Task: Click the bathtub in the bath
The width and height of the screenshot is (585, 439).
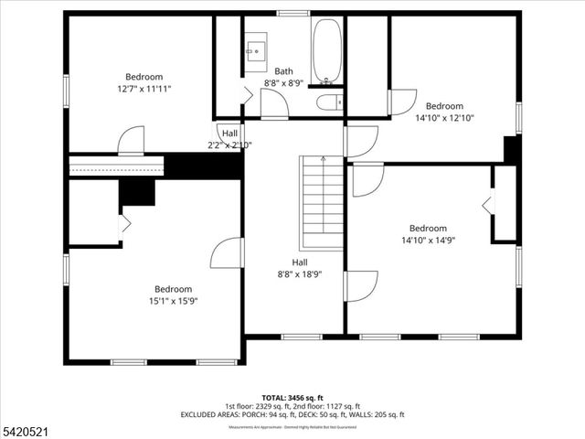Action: pos(326,50)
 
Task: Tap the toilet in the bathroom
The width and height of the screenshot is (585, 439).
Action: pos(328,102)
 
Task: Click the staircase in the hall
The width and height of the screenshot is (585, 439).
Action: pos(322,202)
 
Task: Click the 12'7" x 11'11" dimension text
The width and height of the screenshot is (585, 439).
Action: pos(144,89)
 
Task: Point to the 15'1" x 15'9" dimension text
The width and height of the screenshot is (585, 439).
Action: pos(173,301)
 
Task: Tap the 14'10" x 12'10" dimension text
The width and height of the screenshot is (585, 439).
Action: pos(445,118)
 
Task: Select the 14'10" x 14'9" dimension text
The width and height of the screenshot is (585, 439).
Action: pos(428,241)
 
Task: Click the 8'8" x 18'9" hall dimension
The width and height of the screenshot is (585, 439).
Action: pos(301,273)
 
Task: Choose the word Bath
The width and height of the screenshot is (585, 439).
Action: pos(283,71)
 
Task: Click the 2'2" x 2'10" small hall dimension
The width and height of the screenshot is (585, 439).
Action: pos(228,145)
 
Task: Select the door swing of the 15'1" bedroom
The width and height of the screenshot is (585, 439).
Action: pos(228,253)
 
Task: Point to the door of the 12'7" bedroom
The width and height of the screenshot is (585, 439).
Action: pos(131,141)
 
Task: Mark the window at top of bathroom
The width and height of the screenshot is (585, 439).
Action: pos(292,13)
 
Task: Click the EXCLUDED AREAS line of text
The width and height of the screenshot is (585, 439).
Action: pos(292,414)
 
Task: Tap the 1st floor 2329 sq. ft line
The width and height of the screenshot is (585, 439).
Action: pos(292,407)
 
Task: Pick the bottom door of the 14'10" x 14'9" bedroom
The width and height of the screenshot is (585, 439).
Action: pos(360,285)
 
